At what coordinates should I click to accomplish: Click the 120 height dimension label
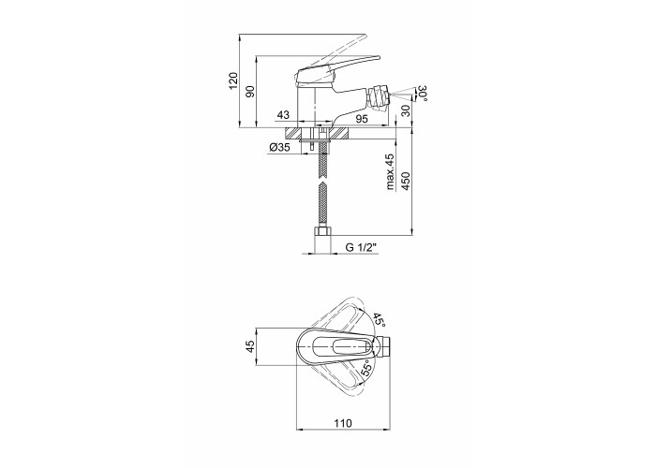233,80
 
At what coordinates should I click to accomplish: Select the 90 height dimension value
250,92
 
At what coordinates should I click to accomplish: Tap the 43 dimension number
283,114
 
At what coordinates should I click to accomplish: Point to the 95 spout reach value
362,119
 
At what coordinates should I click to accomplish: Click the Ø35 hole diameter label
280,147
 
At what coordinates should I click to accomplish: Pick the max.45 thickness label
390,171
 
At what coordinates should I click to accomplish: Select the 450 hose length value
406,181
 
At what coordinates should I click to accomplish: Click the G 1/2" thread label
362,247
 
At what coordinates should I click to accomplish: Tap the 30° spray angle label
423,94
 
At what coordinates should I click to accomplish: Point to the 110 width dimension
343,423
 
